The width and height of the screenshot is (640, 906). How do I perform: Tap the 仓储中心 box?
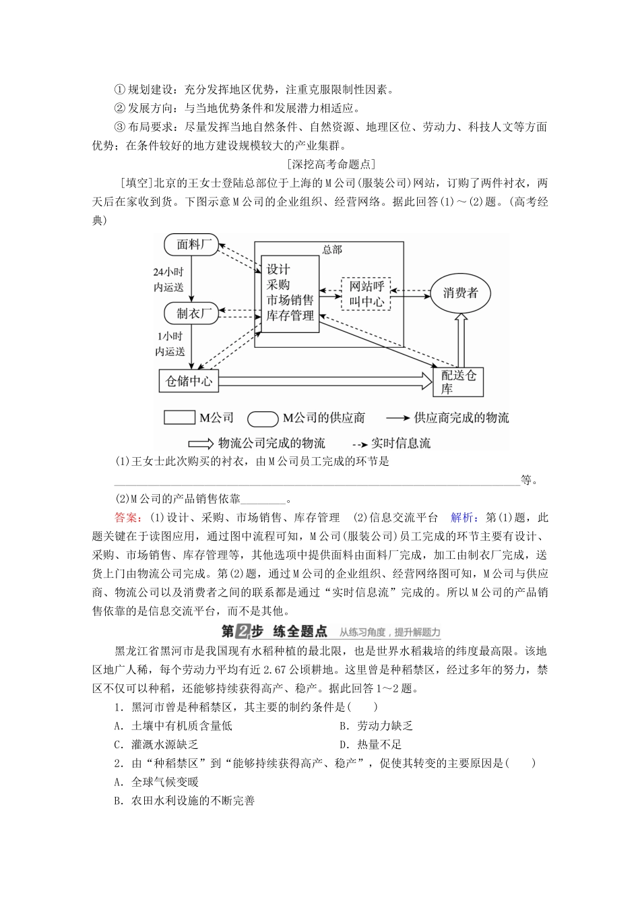(x=189, y=382)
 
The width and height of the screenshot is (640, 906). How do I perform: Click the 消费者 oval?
(x=460, y=293)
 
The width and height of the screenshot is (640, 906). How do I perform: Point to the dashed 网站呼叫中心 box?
(x=366, y=293)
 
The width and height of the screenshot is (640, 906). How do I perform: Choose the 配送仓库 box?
(x=458, y=382)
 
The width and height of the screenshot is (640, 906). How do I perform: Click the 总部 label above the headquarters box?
(x=332, y=250)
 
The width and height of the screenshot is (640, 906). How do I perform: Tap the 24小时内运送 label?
(x=168, y=279)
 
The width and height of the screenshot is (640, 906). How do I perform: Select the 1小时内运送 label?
(x=170, y=343)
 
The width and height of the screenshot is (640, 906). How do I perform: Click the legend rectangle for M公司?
(x=179, y=417)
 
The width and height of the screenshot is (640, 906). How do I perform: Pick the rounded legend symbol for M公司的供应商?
(x=263, y=418)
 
